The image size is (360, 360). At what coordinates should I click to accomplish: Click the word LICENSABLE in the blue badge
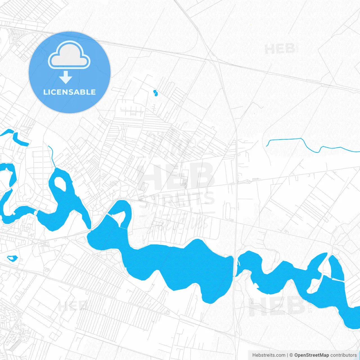69,92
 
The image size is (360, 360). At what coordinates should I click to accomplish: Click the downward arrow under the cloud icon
66,77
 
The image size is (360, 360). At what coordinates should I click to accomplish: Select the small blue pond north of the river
155,93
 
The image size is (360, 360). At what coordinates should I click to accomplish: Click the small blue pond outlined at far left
12,258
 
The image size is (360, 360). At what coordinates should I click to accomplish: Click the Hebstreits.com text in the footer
269,355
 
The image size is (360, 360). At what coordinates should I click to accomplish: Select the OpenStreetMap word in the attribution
311,355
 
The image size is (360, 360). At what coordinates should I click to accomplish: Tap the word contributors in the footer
343,355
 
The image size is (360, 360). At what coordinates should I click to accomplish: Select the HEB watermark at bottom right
277,307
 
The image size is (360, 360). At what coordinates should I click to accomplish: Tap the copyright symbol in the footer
291,355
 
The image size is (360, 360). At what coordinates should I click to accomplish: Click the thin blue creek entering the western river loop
52,156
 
